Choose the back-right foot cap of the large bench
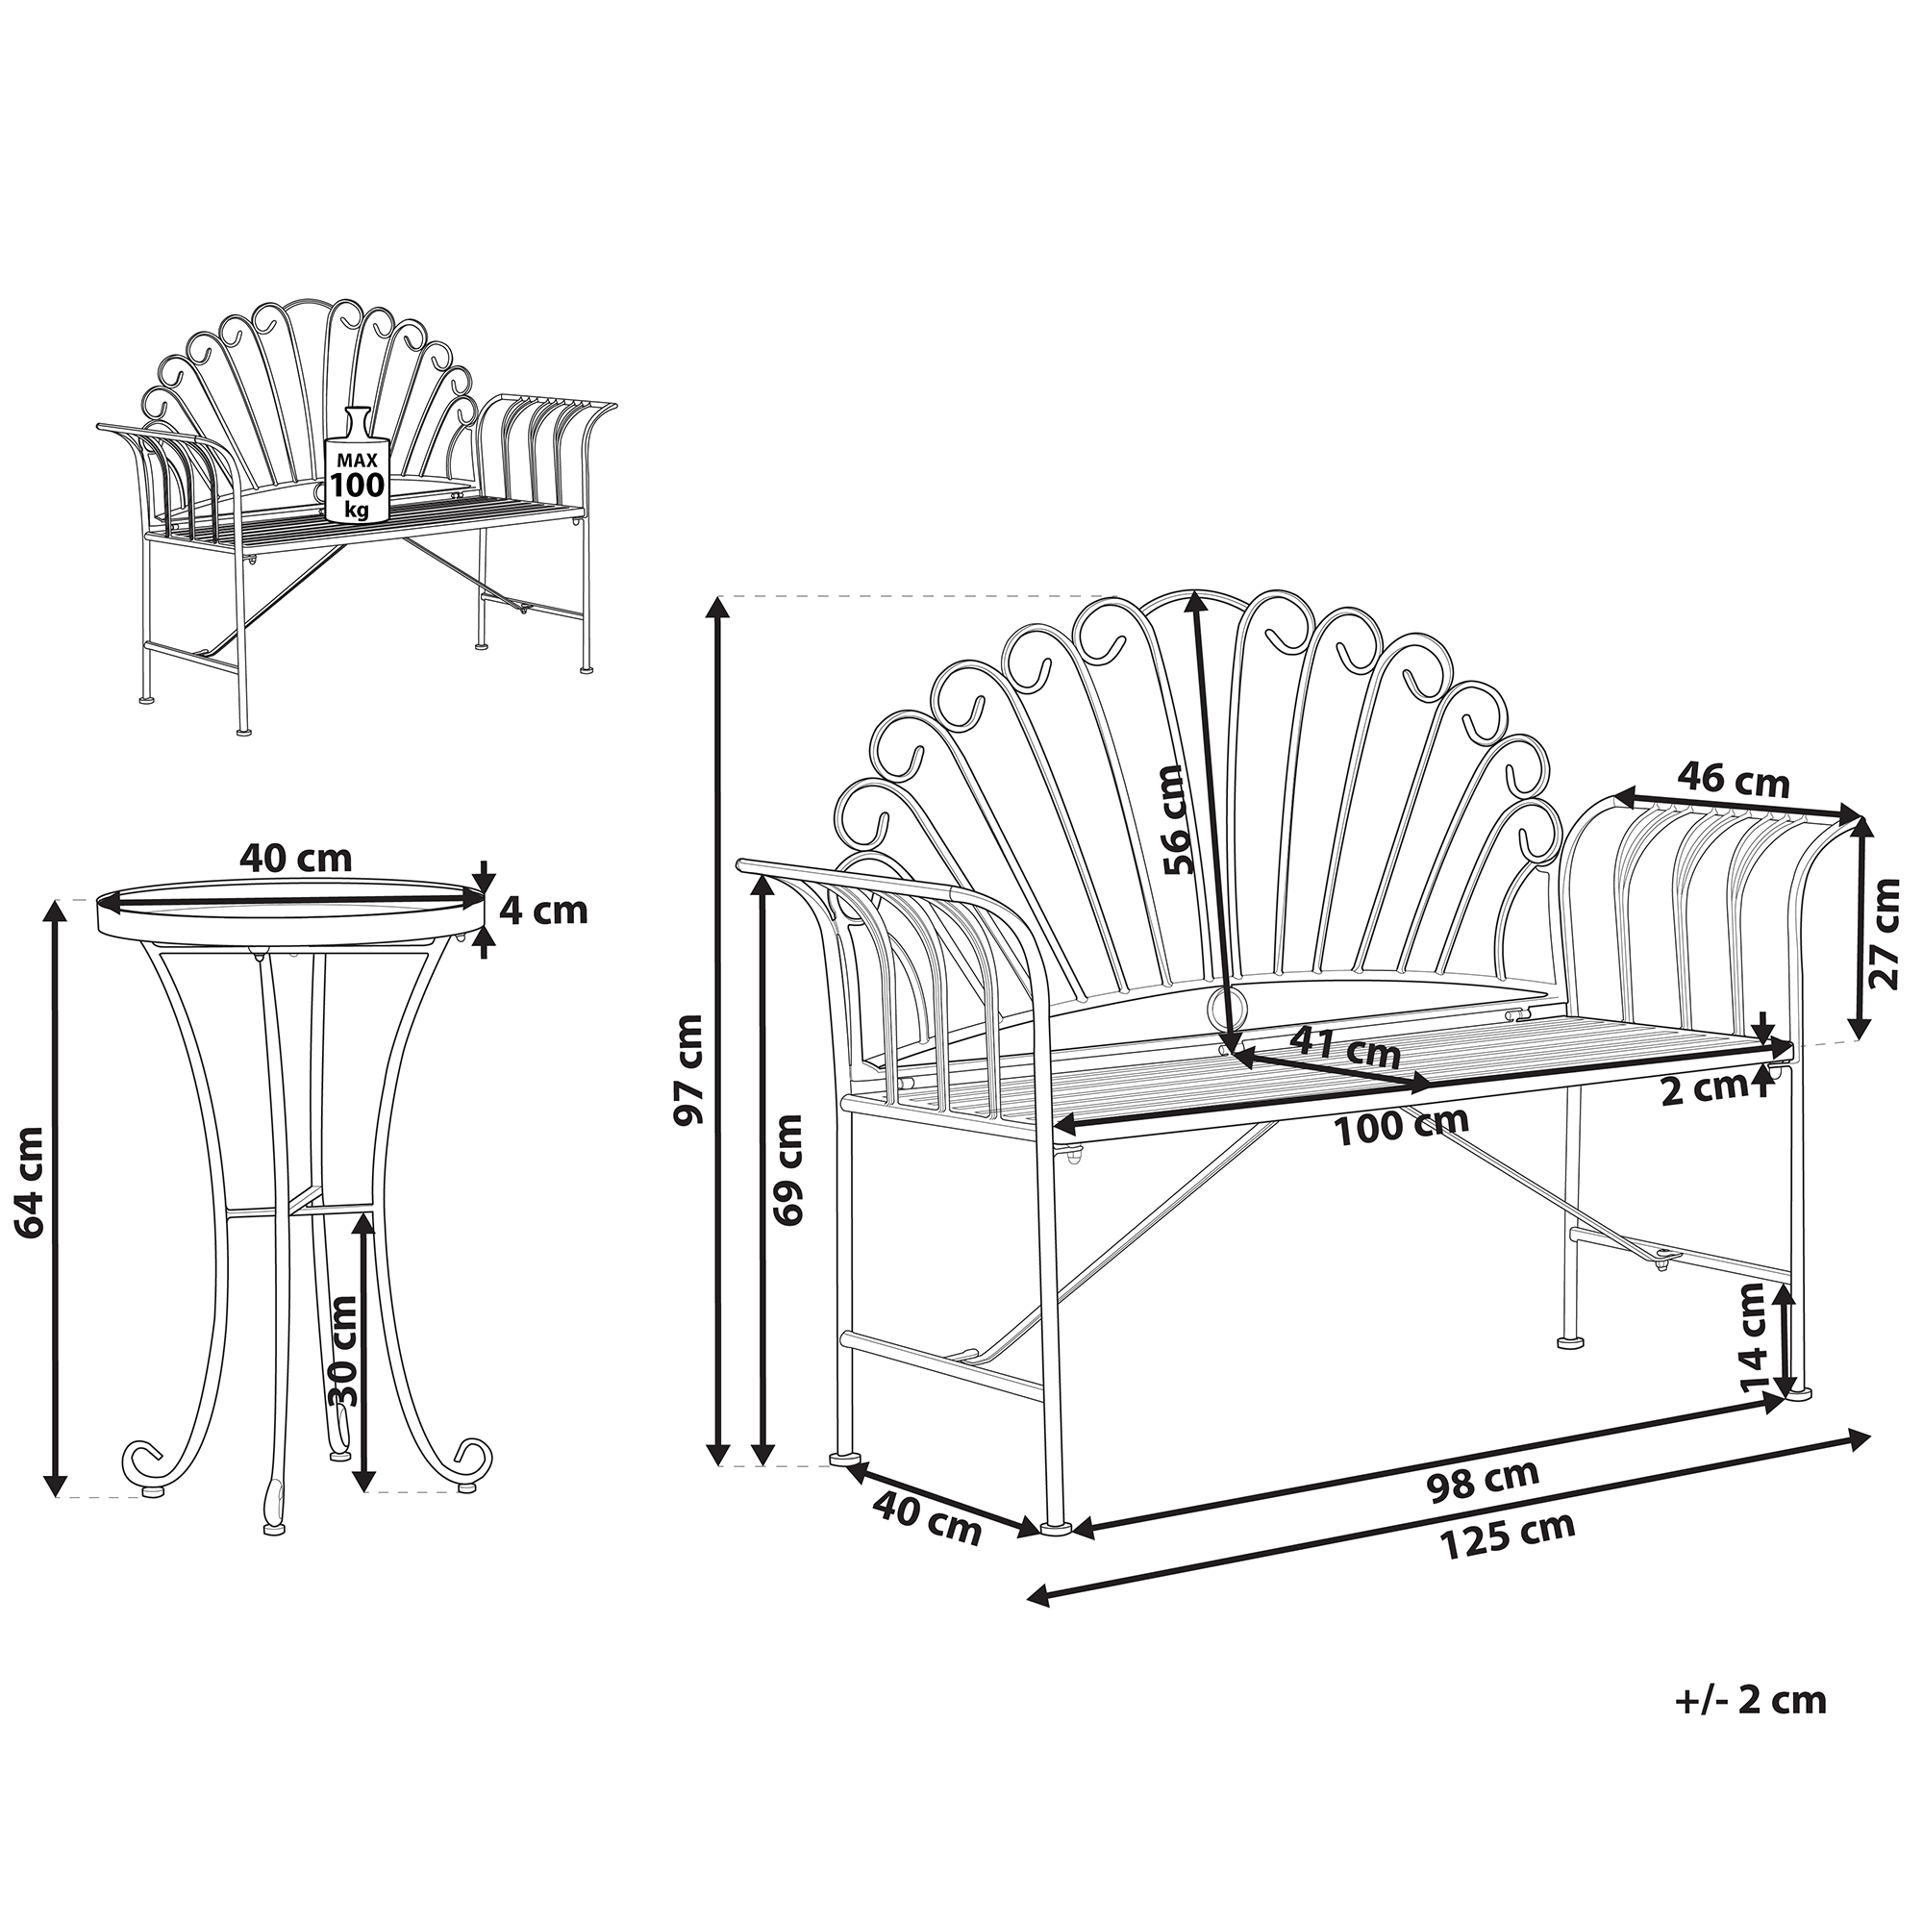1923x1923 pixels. coord(1570,1341)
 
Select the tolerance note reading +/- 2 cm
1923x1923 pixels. coord(1751,1700)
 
